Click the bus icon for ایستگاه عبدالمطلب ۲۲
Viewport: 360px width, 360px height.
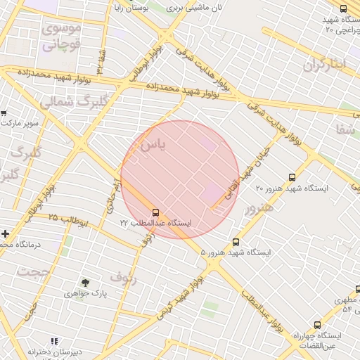click(155, 212)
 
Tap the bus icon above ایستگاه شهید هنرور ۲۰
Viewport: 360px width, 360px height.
click(292, 178)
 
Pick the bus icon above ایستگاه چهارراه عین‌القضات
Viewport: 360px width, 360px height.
click(317, 325)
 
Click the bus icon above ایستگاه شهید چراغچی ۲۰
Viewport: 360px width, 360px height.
click(342, 9)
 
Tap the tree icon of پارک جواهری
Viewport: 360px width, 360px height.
click(85, 283)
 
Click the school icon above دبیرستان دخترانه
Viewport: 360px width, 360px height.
click(55, 341)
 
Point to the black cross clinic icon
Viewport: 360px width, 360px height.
click(5, 233)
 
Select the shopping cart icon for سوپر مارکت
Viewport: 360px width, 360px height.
click(4, 112)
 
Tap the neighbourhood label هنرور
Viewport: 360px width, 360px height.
click(258, 208)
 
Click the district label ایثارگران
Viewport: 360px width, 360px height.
click(326, 65)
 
